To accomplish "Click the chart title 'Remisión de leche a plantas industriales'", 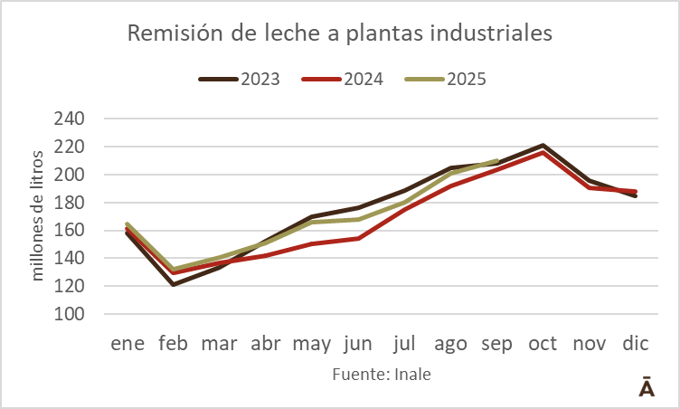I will pos(339,33).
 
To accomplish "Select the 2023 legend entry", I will pos(239,79).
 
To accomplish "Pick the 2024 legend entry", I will pos(343,79).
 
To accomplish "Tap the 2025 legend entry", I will pos(445,79).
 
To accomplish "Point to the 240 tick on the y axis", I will pos(70,119).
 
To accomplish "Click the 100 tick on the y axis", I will pos(70,314).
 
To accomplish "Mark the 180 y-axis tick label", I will pos(70,203).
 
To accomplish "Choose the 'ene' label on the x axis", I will pos(127,345).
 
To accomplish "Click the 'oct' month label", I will pos(543,345).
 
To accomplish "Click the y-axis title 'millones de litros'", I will pos(38,216).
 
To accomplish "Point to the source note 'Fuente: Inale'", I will pos(382,374).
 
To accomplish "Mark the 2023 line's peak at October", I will pos(543,145).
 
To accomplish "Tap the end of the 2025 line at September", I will pos(496,161).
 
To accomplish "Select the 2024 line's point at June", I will pos(358,238).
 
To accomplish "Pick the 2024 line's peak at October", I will pos(543,152).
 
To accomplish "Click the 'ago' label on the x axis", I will pos(450,345).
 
